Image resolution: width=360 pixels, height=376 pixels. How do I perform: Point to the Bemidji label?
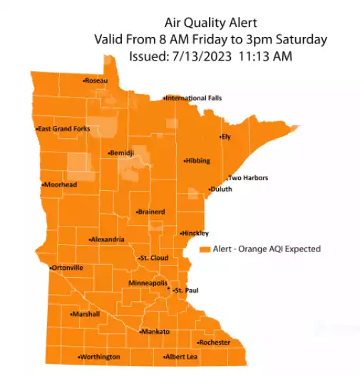click(123, 153)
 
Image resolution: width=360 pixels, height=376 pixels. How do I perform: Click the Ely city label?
click(226, 136)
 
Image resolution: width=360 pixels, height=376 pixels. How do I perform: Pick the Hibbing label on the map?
click(197, 161)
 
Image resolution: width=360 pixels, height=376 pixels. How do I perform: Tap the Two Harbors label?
click(247, 177)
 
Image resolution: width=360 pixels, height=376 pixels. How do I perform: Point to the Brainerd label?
click(151, 211)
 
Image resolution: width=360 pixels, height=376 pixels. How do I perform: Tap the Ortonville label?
click(67, 268)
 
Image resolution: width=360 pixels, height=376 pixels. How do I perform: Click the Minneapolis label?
click(148, 283)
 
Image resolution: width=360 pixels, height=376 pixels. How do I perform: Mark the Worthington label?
click(100, 356)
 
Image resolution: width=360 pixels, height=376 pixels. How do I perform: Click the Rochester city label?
click(215, 343)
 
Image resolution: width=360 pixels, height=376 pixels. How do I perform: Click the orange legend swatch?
click(204, 249)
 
